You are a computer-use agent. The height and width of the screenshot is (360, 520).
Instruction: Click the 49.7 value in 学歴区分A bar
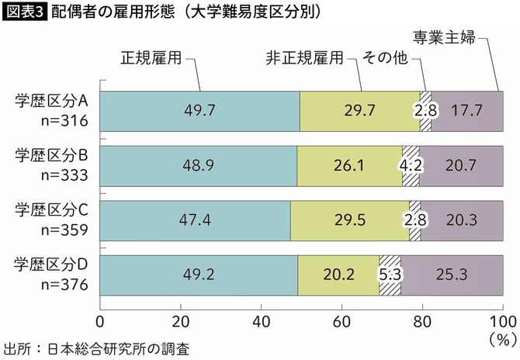point(199,110)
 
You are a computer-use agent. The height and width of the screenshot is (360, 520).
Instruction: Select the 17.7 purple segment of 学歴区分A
point(466,110)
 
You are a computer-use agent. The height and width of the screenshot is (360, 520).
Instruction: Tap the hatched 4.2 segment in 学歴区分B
point(411,164)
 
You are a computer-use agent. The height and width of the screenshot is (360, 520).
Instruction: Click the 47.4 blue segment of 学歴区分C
point(194,220)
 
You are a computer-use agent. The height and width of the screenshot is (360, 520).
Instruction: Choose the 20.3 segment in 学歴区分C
point(462,220)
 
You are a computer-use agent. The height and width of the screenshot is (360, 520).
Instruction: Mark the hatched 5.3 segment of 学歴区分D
point(390,275)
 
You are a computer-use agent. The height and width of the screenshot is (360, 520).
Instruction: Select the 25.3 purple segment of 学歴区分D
point(451,275)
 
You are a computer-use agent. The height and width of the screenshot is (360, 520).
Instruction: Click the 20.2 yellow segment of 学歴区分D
point(338,275)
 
